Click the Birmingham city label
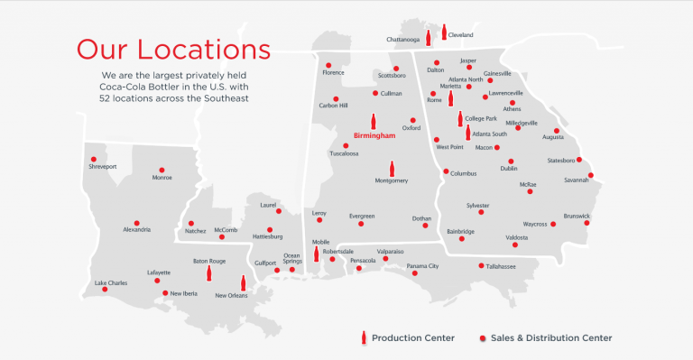point(374,136)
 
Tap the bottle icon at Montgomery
point(391,168)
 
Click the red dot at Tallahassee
point(481,265)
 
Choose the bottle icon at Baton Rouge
point(208,272)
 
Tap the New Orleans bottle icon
point(243,282)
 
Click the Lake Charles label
point(112,282)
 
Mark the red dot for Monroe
point(162,169)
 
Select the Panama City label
point(421,266)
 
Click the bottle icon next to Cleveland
point(443,33)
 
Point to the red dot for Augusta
point(557,131)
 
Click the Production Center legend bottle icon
point(364,337)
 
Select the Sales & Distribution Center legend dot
point(483,337)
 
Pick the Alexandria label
point(137,230)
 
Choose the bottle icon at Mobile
point(317,254)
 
